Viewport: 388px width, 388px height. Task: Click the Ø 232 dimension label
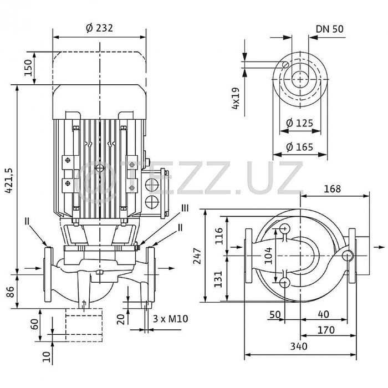click(x=99, y=28)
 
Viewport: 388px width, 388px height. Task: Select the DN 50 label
click(x=330, y=29)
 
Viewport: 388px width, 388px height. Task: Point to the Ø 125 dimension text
click(x=299, y=123)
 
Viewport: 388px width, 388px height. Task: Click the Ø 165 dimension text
click(x=299, y=147)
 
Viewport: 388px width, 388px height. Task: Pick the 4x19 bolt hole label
click(x=236, y=98)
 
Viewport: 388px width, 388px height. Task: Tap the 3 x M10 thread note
click(x=171, y=319)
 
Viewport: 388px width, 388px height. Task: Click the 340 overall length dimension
click(x=299, y=346)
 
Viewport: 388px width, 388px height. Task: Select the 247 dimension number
click(x=197, y=256)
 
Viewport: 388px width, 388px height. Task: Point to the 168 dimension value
click(x=333, y=189)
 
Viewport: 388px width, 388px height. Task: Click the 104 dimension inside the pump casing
click(x=268, y=256)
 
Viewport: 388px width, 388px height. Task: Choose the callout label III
click(x=185, y=208)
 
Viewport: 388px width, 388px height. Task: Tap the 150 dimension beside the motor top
click(x=28, y=68)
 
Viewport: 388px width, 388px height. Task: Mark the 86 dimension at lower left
click(x=11, y=292)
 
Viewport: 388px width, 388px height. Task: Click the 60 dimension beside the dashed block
click(x=34, y=324)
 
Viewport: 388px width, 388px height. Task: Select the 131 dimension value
click(x=218, y=279)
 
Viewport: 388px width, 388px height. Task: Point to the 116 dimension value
click(x=219, y=236)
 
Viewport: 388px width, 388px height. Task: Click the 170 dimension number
click(x=326, y=330)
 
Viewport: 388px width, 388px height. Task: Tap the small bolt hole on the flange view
click(x=285, y=65)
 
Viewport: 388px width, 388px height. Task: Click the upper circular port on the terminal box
click(x=152, y=185)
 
